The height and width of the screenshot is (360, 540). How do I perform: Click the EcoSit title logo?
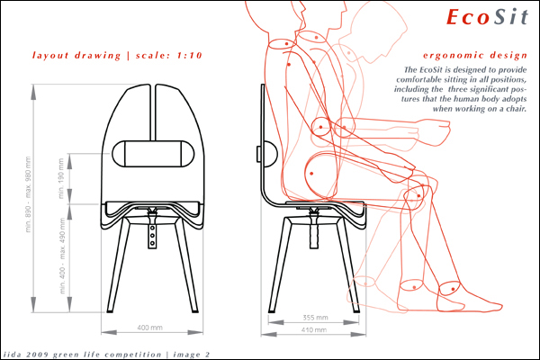pos(487,16)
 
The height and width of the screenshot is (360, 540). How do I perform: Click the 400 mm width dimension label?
pos(149,328)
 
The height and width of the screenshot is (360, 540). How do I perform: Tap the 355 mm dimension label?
pos(315,318)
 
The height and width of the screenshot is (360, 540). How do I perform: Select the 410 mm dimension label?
pos(314,329)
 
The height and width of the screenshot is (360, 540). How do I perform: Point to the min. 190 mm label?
pos(61,178)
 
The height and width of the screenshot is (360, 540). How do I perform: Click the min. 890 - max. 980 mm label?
pos(28,194)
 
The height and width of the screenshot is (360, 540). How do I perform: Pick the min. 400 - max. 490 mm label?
pos(62,256)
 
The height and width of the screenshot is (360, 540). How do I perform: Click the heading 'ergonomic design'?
pos(475,55)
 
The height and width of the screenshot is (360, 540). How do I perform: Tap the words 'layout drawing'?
pos(76,56)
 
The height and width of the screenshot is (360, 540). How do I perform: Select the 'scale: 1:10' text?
pos(169,55)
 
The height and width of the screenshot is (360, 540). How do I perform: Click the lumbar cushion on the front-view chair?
pos(153,154)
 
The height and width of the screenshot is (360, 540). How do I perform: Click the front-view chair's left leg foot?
pos(110,311)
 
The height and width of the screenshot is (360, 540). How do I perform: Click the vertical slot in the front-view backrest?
pos(153,112)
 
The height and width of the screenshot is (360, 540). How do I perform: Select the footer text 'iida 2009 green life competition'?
pos(82,355)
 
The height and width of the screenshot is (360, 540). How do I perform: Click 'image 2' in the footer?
pos(192,355)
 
